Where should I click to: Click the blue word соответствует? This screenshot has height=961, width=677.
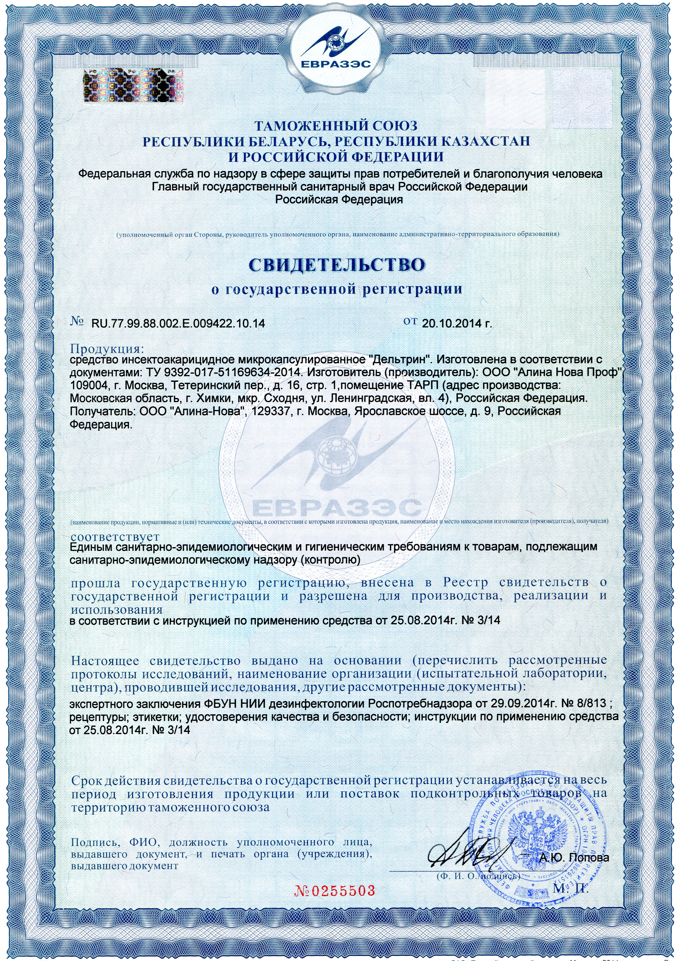[115, 536]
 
